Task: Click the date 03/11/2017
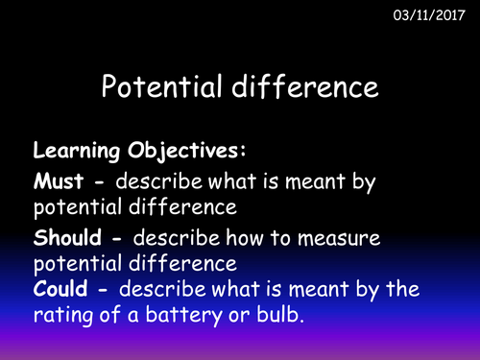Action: (x=427, y=16)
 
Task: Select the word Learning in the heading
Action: (x=74, y=151)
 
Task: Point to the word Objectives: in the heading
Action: (x=174, y=152)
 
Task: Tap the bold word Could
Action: (x=61, y=286)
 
